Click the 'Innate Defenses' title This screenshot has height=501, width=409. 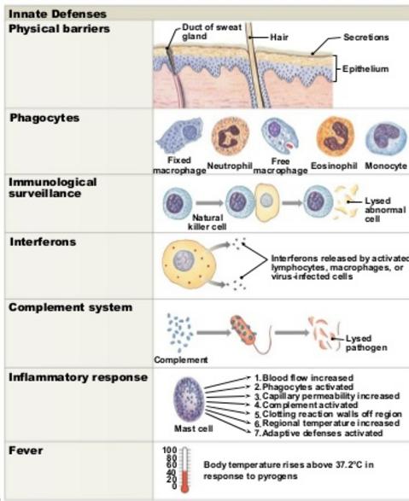click(x=57, y=14)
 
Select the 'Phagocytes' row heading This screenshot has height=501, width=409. click(x=44, y=119)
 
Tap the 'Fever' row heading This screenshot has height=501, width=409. click(x=26, y=451)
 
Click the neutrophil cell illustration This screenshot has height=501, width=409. click(x=230, y=136)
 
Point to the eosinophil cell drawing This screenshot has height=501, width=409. click(x=336, y=136)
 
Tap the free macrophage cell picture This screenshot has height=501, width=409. click(x=279, y=136)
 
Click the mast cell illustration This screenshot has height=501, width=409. click(x=189, y=399)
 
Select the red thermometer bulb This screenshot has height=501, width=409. click(x=184, y=487)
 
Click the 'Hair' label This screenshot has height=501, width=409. click(x=279, y=38)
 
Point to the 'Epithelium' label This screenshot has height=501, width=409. click(x=365, y=68)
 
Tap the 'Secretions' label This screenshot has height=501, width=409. click(x=366, y=38)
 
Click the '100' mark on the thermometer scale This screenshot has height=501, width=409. click(x=169, y=450)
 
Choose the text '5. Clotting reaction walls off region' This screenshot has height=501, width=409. click(x=328, y=415)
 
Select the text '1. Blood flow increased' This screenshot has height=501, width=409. click(x=304, y=378)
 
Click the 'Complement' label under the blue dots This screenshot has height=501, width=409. click(x=181, y=360)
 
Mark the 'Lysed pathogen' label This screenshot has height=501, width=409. click(x=366, y=343)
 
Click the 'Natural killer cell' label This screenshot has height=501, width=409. click(x=207, y=223)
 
